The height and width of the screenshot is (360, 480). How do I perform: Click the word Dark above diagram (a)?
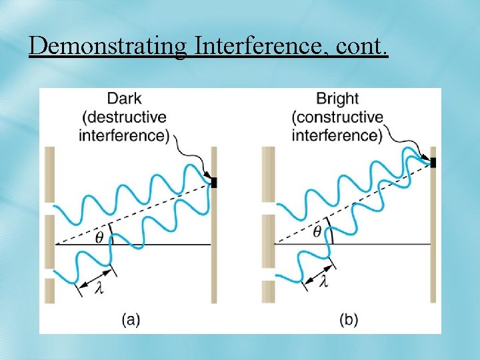point(124,99)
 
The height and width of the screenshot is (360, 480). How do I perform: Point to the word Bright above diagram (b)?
point(337,99)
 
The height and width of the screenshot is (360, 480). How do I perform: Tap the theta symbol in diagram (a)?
point(99,236)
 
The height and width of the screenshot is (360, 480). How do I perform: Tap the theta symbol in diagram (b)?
point(317,232)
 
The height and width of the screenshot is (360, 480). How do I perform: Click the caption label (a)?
point(130,320)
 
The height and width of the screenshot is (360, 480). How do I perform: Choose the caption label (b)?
point(349,320)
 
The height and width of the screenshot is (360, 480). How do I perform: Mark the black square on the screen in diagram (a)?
point(215,181)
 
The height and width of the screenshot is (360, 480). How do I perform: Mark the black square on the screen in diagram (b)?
point(433,162)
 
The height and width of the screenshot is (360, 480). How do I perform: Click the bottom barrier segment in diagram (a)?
point(49,291)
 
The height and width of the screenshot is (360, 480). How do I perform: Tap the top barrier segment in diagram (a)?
point(49,175)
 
